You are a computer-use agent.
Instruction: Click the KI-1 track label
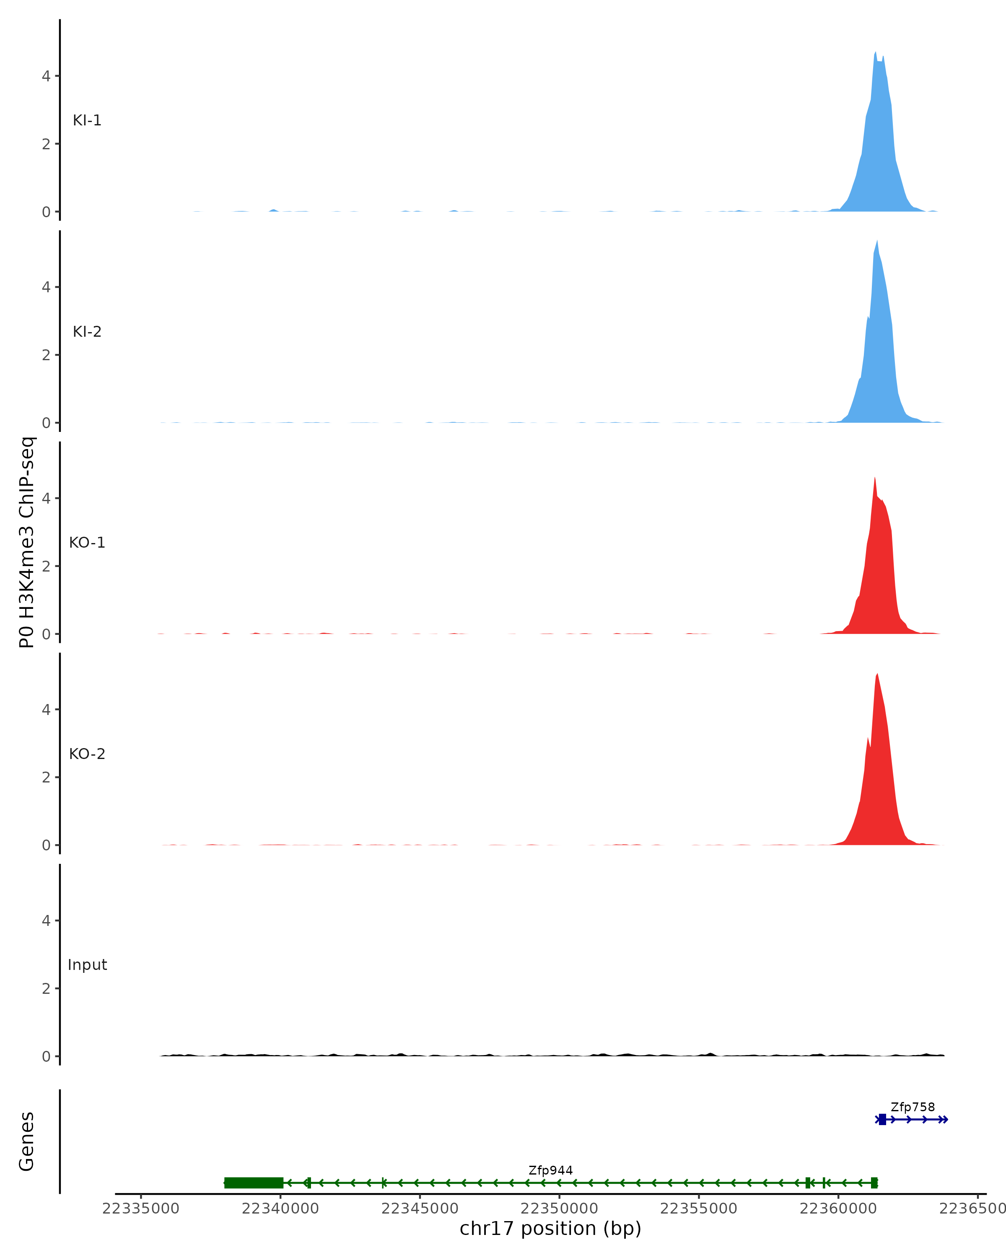point(87,121)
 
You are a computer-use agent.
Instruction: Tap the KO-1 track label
point(87,543)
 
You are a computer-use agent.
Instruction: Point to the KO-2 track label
point(87,754)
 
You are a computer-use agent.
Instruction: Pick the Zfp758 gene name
point(912,1107)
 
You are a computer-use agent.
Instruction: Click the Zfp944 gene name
point(550,1170)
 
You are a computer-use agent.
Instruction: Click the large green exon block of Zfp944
point(254,1183)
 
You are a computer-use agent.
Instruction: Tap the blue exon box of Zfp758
point(882,1119)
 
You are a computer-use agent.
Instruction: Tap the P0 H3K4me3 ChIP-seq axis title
point(27,543)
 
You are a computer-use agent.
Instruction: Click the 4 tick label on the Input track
point(46,921)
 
